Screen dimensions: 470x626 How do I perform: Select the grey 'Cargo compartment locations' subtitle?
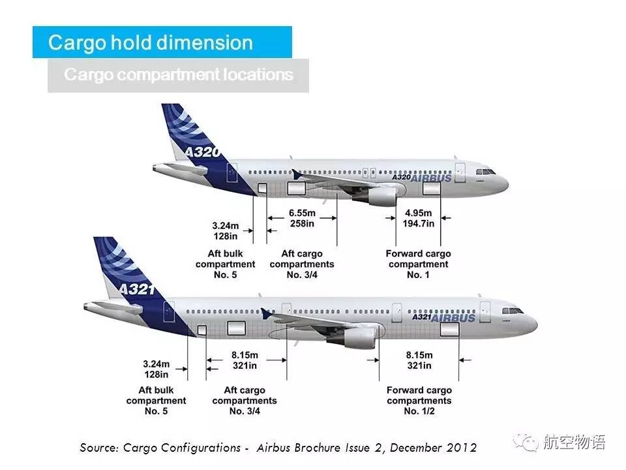pyautogui.click(x=178, y=74)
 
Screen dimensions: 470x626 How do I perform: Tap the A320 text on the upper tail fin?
pyautogui.click(x=201, y=153)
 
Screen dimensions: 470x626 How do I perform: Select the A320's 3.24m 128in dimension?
pyautogui.click(x=226, y=230)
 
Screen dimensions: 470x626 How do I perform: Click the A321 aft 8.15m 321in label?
pyautogui.click(x=245, y=360)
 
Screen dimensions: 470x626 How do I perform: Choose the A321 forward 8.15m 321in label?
pyautogui.click(x=419, y=360)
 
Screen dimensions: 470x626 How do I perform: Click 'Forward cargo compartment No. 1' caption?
pyautogui.click(x=418, y=264)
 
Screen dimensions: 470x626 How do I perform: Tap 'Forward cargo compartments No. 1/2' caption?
pyautogui.click(x=419, y=400)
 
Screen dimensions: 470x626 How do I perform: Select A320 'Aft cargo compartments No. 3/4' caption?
pyautogui.click(x=302, y=264)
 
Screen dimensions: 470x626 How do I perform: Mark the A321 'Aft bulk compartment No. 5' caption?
pyautogui.click(x=156, y=400)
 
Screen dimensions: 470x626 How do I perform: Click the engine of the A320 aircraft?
pyautogui.click(x=380, y=195)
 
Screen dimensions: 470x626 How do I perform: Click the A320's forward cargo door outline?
pyautogui.click(x=432, y=189)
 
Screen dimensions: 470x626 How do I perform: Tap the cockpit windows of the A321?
pyautogui.click(x=514, y=311)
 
